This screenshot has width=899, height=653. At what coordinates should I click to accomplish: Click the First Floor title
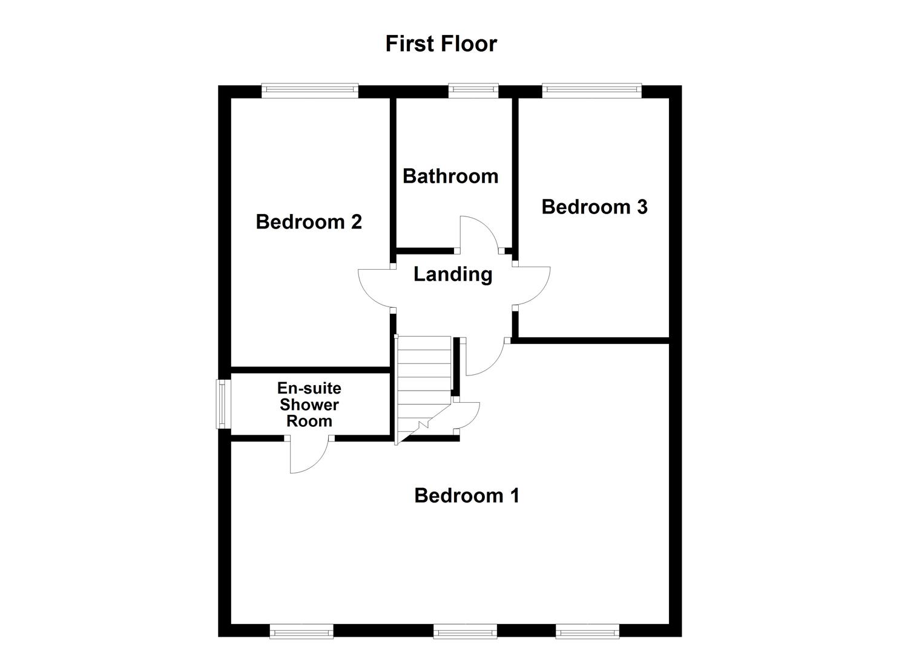[441, 44]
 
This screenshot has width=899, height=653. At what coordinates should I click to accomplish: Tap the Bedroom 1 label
[466, 496]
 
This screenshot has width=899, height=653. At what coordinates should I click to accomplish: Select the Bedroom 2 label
[309, 222]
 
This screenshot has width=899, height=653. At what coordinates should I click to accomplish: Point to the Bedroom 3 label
[594, 207]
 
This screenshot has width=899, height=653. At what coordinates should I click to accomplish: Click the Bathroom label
[450, 176]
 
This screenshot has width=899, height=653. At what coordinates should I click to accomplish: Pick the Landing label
[452, 275]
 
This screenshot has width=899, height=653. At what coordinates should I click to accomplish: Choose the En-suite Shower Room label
[309, 404]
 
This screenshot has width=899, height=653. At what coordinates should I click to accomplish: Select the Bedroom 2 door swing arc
[374, 288]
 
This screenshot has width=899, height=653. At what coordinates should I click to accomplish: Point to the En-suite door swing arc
[308, 456]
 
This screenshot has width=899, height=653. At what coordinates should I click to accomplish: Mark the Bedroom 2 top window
[310, 91]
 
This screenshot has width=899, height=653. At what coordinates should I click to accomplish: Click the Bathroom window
[473, 91]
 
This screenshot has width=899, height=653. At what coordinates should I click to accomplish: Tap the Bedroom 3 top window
[591, 91]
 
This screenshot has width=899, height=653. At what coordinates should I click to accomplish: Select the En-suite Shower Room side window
[223, 404]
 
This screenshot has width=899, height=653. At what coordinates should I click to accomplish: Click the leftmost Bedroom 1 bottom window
[301, 632]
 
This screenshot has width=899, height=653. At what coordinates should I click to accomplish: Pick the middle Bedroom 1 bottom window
[465, 632]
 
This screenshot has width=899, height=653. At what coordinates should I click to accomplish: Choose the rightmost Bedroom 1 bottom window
[587, 632]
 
